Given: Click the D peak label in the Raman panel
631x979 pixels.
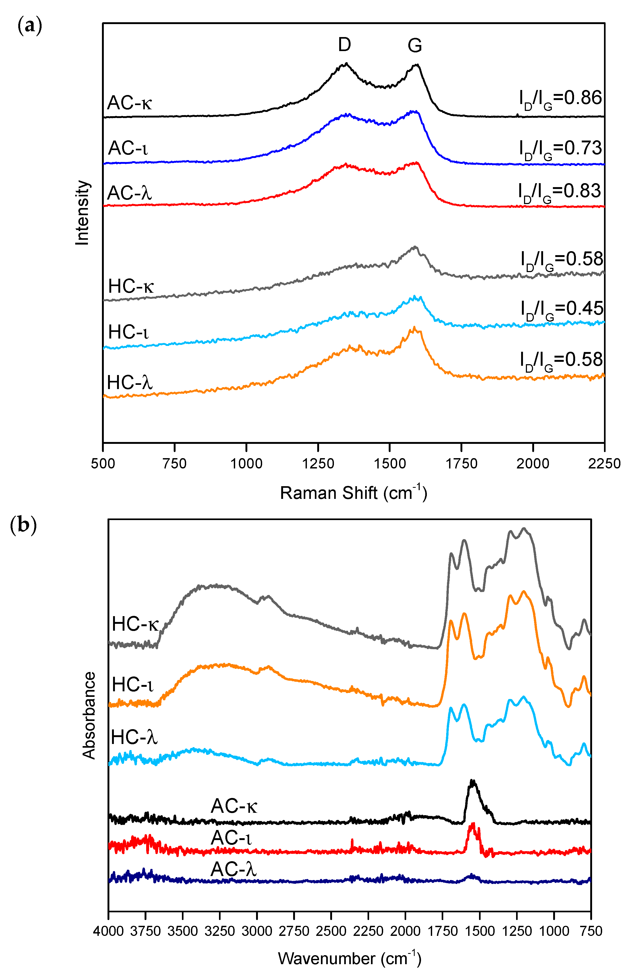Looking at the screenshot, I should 344,44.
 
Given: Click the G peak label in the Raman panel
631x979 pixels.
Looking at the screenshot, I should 415,45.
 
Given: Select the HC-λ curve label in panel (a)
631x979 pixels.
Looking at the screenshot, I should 129,383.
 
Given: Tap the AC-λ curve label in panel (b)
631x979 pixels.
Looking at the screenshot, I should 234,869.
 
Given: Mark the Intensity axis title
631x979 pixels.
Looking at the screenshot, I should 82,213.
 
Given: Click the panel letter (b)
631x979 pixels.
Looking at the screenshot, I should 23,525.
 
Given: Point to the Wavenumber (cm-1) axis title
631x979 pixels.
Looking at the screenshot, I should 349,958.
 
